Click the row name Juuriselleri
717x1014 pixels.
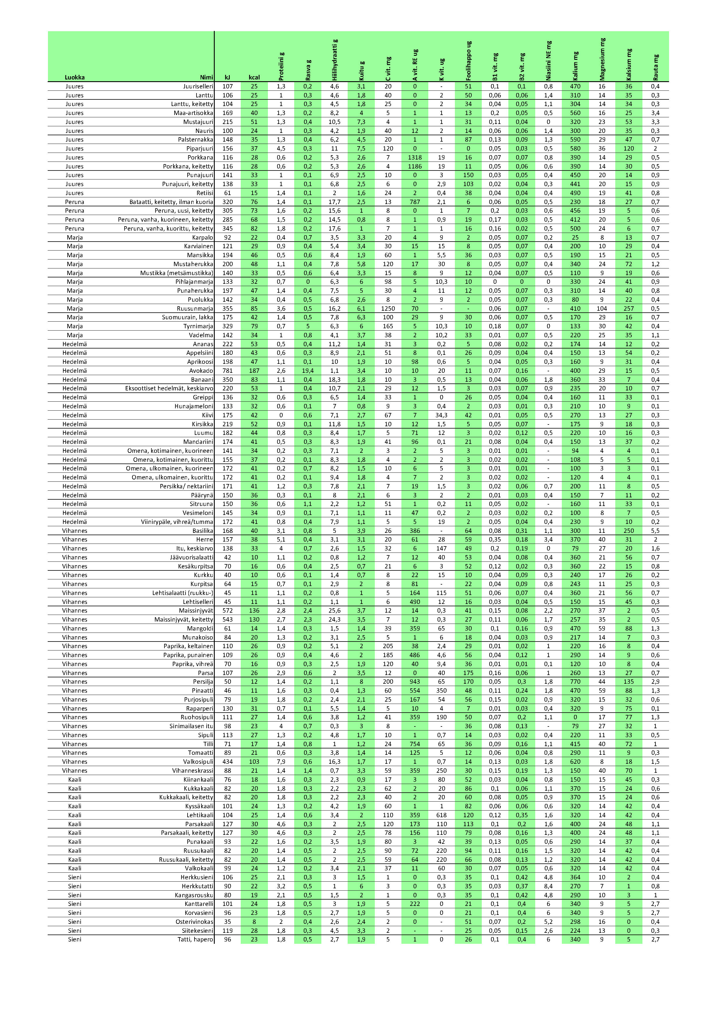(x=198, y=87)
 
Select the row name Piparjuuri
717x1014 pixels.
(x=200, y=149)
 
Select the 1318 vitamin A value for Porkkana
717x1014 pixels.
(x=415, y=158)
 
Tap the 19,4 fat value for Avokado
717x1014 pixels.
(x=307, y=371)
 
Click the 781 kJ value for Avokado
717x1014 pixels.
(x=227, y=371)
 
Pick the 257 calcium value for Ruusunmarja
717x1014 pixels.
(x=629, y=309)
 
